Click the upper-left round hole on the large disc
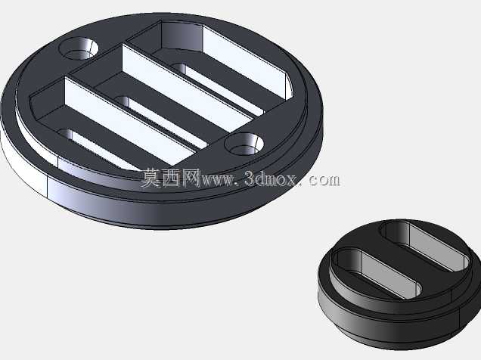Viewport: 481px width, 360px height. click(x=79, y=48)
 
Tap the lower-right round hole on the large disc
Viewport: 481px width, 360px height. click(x=244, y=144)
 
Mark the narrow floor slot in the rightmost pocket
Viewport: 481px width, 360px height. click(x=217, y=89)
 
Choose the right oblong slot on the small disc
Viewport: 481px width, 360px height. click(x=425, y=245)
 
